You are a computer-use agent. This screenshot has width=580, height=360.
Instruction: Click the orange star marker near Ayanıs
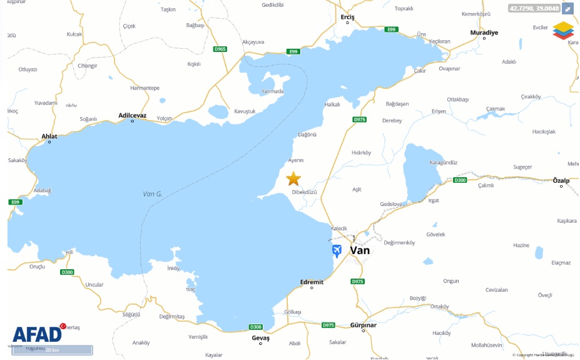(293, 179)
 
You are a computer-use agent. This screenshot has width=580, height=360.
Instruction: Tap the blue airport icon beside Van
(337, 251)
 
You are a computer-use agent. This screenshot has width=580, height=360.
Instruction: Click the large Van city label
(360, 250)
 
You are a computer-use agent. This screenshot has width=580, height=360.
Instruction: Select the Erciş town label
(347, 18)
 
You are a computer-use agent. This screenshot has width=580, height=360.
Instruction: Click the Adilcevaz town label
(132, 115)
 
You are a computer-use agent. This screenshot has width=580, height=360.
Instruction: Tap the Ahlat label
(49, 136)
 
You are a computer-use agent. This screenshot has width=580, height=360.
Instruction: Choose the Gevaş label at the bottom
(260, 337)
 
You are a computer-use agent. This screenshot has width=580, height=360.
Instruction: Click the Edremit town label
(312, 282)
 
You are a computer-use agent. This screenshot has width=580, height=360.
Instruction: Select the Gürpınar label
(363, 325)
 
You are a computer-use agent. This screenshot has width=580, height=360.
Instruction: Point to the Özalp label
(561, 180)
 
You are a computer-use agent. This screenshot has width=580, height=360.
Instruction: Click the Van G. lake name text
(152, 194)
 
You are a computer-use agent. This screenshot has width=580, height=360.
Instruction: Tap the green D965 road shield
(220, 49)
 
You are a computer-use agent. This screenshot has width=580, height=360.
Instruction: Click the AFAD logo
(38, 334)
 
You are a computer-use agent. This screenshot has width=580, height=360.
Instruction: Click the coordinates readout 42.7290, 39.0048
(534, 8)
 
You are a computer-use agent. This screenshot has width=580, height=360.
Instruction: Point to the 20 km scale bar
(52, 350)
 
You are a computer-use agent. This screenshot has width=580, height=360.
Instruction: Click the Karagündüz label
(443, 162)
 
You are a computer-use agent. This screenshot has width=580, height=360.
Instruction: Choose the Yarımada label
(273, 91)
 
